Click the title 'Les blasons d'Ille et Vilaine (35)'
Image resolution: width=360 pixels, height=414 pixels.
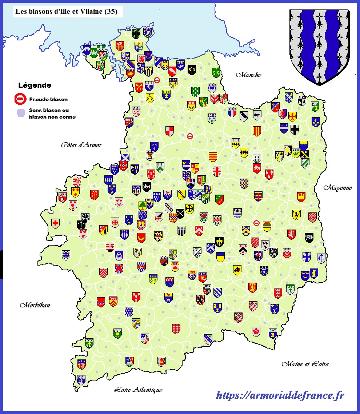(66, 12)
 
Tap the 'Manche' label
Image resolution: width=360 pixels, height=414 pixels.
(249, 75)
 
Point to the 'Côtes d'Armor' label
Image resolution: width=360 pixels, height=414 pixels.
(81, 145)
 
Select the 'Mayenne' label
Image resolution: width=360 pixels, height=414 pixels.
(338, 188)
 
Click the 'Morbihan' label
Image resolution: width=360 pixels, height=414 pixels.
(35, 305)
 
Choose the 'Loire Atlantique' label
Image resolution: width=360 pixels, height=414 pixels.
(138, 390)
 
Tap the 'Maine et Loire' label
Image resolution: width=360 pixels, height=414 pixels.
(305, 364)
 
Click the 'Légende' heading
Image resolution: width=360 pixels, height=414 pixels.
(35, 86)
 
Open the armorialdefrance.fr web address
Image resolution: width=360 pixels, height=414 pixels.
(280, 395)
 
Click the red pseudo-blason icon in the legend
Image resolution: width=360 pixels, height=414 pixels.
(21, 99)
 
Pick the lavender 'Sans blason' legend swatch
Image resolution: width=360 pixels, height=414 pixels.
(21, 113)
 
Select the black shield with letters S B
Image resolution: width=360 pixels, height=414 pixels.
(192, 70)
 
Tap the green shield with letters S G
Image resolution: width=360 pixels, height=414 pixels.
(216, 72)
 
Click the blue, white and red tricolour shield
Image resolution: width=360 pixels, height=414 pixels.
(232, 112)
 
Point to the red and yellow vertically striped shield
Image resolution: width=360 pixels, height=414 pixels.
(257, 131)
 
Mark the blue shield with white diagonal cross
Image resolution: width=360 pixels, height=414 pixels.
(125, 158)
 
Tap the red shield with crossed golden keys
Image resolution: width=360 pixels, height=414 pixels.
(139, 87)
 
